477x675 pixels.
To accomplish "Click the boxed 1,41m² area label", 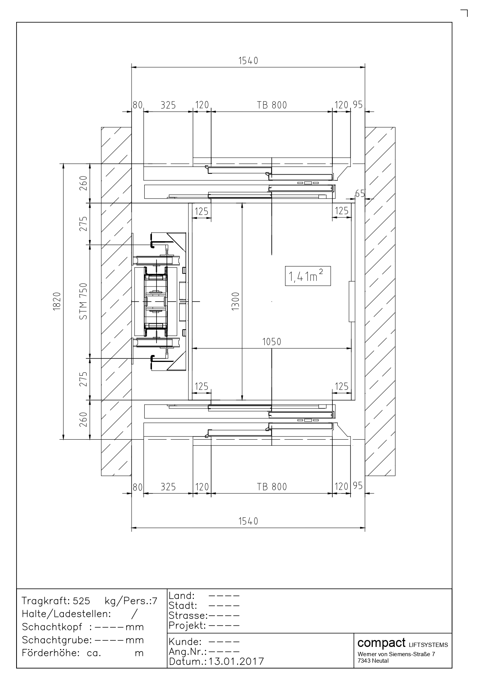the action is (308, 276).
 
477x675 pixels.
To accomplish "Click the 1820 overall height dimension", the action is (57, 301).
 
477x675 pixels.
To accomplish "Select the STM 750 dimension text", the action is (83, 301).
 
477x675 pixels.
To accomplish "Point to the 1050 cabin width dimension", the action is (272, 342).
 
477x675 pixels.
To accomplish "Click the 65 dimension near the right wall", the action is (360, 193).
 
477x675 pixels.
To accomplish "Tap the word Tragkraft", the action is (45, 601).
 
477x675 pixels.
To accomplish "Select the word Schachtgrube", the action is (55, 640).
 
